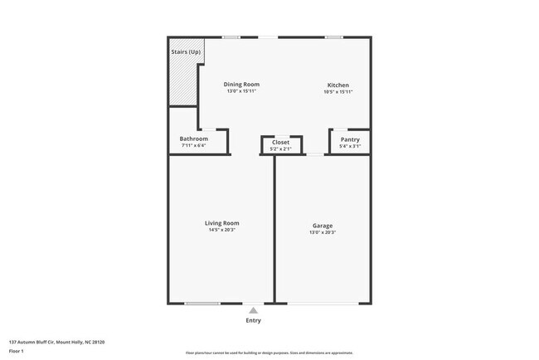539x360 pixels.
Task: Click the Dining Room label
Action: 242,84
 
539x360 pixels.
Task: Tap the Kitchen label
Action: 337,85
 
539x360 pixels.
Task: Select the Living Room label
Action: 222,222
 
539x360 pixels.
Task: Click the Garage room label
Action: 323,225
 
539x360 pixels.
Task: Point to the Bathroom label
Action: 193,139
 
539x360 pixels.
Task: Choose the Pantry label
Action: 350,139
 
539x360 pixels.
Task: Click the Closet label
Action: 281,142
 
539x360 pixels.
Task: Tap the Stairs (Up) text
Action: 186,52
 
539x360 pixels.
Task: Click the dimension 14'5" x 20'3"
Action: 222,231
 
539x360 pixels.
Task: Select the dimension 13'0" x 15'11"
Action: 242,91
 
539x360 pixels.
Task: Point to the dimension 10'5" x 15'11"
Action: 337,92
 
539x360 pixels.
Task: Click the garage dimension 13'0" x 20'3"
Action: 323,232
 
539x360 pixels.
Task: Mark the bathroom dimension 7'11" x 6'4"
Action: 193,146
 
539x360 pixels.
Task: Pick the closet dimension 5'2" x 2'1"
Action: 281,149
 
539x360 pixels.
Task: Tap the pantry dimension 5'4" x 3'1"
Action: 350,147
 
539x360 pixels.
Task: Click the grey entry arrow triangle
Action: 253,309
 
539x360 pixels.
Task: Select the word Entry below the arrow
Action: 253,320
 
